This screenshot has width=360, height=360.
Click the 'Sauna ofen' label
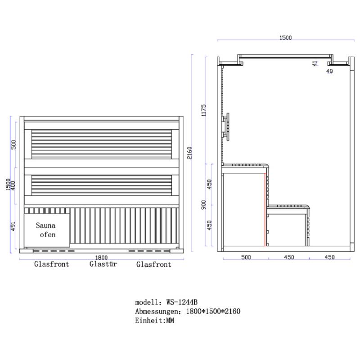(x=46, y=230)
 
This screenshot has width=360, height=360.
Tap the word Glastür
(x=103, y=264)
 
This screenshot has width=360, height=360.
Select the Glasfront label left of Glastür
(x=52, y=264)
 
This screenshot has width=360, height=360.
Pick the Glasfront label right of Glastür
(x=154, y=264)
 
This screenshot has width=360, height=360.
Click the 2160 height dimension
(x=189, y=153)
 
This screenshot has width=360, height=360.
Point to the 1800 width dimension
(x=101, y=257)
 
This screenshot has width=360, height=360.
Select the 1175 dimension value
(x=204, y=110)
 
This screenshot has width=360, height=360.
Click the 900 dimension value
(x=204, y=205)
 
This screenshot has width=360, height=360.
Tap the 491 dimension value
(x=13, y=226)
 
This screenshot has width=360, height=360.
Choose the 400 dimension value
(x=13, y=185)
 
